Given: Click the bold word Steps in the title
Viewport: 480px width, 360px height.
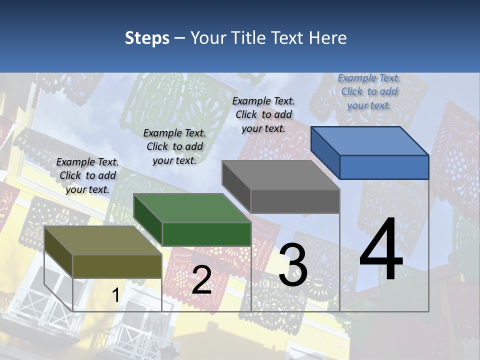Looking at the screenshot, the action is click(x=147, y=38).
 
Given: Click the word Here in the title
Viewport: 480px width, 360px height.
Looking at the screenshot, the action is click(x=328, y=38).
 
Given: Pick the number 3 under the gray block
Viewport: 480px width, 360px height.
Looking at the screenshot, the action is click(x=293, y=265).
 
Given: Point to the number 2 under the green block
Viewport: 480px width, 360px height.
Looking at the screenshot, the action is click(x=201, y=280).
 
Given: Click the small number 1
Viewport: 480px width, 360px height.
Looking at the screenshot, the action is click(x=115, y=295).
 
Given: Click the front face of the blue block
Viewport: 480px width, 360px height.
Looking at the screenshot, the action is click(x=384, y=167).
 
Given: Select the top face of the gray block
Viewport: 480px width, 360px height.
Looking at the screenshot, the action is click(x=281, y=175).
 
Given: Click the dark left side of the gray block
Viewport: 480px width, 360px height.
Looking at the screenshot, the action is click(x=236, y=186).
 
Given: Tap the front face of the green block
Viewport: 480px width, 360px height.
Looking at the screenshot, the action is click(x=206, y=234).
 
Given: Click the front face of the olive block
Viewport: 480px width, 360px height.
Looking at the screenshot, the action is click(x=117, y=266).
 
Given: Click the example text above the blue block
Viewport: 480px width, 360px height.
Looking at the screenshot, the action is click(x=369, y=91).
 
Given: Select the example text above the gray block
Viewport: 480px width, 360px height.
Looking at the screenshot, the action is click(x=263, y=114).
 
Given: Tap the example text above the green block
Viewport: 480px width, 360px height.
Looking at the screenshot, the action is click(x=174, y=146).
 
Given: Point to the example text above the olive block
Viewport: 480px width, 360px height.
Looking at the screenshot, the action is click(x=87, y=175).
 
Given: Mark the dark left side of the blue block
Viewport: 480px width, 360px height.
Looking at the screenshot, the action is click(x=325, y=152).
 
